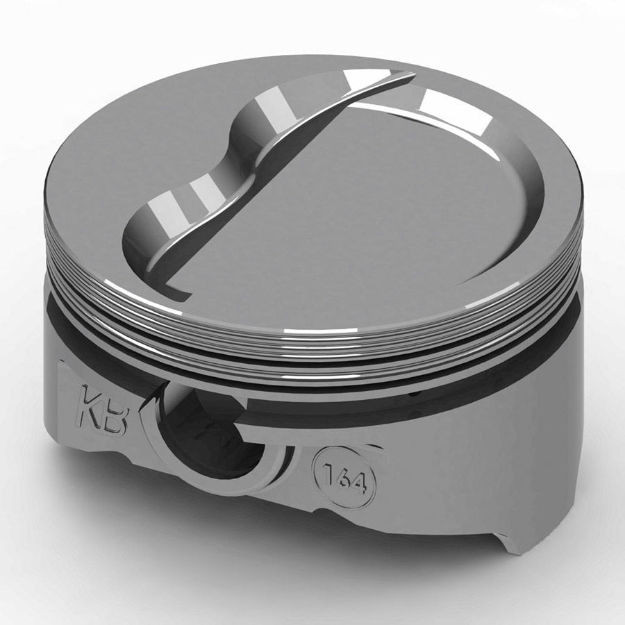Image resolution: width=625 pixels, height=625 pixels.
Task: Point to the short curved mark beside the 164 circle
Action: coord(375,448)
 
